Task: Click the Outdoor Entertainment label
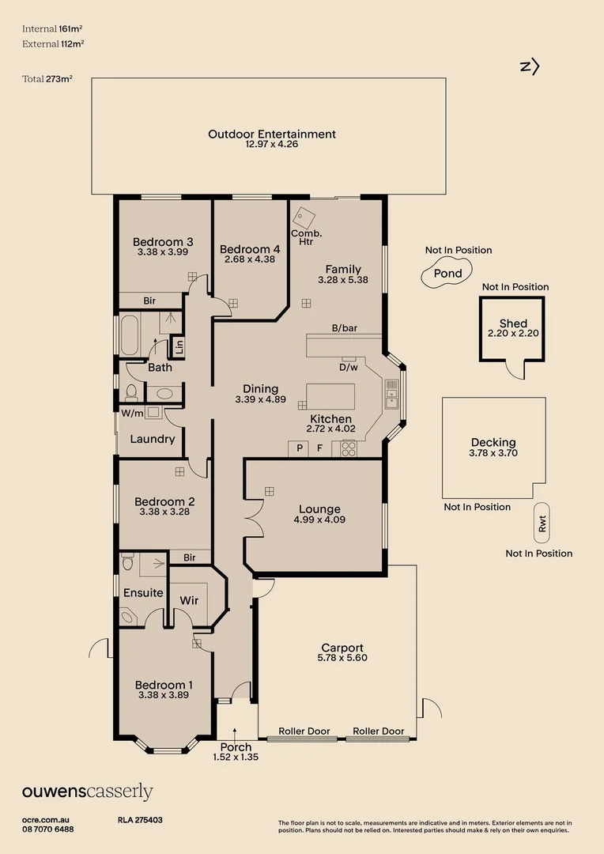click(x=272, y=134)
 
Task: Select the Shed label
click(x=513, y=323)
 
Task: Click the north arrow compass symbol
click(x=530, y=66)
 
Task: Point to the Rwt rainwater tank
click(x=542, y=523)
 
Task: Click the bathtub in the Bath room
click(x=130, y=334)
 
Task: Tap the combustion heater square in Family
click(x=304, y=218)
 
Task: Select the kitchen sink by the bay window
click(x=391, y=395)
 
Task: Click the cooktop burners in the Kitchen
click(x=348, y=449)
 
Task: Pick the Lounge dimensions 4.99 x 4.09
click(x=319, y=520)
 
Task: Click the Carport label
click(x=342, y=648)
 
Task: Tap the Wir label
click(x=189, y=600)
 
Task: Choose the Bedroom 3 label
click(x=163, y=242)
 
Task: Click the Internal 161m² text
click(x=52, y=29)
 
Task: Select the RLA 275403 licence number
click(x=140, y=820)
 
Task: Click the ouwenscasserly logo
click(x=87, y=792)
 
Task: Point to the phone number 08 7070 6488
click(x=48, y=829)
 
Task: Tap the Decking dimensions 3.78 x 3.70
click(x=493, y=452)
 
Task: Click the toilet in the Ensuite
click(x=127, y=561)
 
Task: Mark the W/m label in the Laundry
click(x=132, y=414)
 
